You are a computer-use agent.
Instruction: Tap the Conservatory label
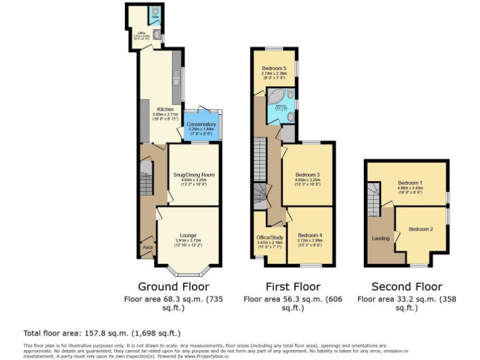coord(201,124)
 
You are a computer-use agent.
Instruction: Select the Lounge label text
coord(188,235)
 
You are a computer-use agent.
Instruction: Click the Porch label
coord(148,247)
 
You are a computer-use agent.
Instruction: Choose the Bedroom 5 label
coord(274,68)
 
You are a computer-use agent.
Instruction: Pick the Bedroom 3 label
coord(307,174)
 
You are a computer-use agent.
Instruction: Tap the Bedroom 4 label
coord(311,235)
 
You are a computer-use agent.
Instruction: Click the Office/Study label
coord(270,237)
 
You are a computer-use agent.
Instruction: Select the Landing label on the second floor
coord(381,238)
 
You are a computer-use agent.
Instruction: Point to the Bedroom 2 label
coord(421,229)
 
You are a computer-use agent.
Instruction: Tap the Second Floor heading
coord(406,287)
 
